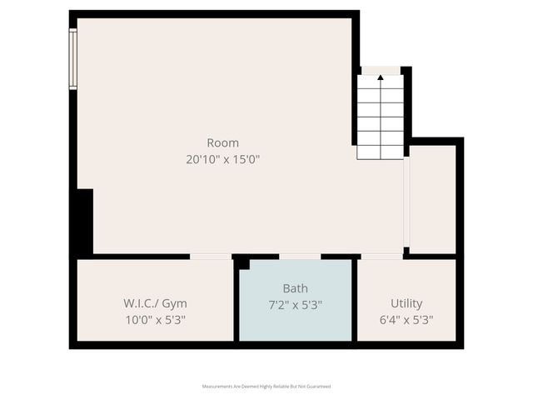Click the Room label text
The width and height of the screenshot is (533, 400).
click(x=222, y=142)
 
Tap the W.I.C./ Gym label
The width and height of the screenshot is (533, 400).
click(x=154, y=302)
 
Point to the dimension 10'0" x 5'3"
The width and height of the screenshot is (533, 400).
click(x=154, y=318)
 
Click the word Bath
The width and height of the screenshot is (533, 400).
click(x=295, y=288)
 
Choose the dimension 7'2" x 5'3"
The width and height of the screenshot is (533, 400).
click(x=295, y=305)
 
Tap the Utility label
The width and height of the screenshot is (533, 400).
click(x=406, y=302)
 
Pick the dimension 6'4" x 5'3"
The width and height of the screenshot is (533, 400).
click(x=406, y=318)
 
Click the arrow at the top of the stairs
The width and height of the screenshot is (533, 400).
click(x=381, y=77)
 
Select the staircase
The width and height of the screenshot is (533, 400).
click(x=381, y=117)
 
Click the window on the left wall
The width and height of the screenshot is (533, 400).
click(x=73, y=58)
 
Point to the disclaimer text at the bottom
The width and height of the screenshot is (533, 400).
click(x=266, y=387)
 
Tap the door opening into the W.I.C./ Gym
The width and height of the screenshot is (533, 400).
click(x=211, y=257)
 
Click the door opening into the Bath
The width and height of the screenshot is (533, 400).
click(x=300, y=257)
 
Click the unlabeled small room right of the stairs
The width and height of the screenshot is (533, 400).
click(x=433, y=198)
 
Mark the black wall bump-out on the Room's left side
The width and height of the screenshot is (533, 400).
click(x=84, y=221)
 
